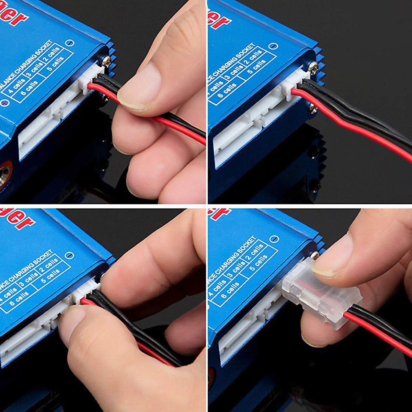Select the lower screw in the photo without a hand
[313, 109]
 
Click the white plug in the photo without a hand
[293, 86]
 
